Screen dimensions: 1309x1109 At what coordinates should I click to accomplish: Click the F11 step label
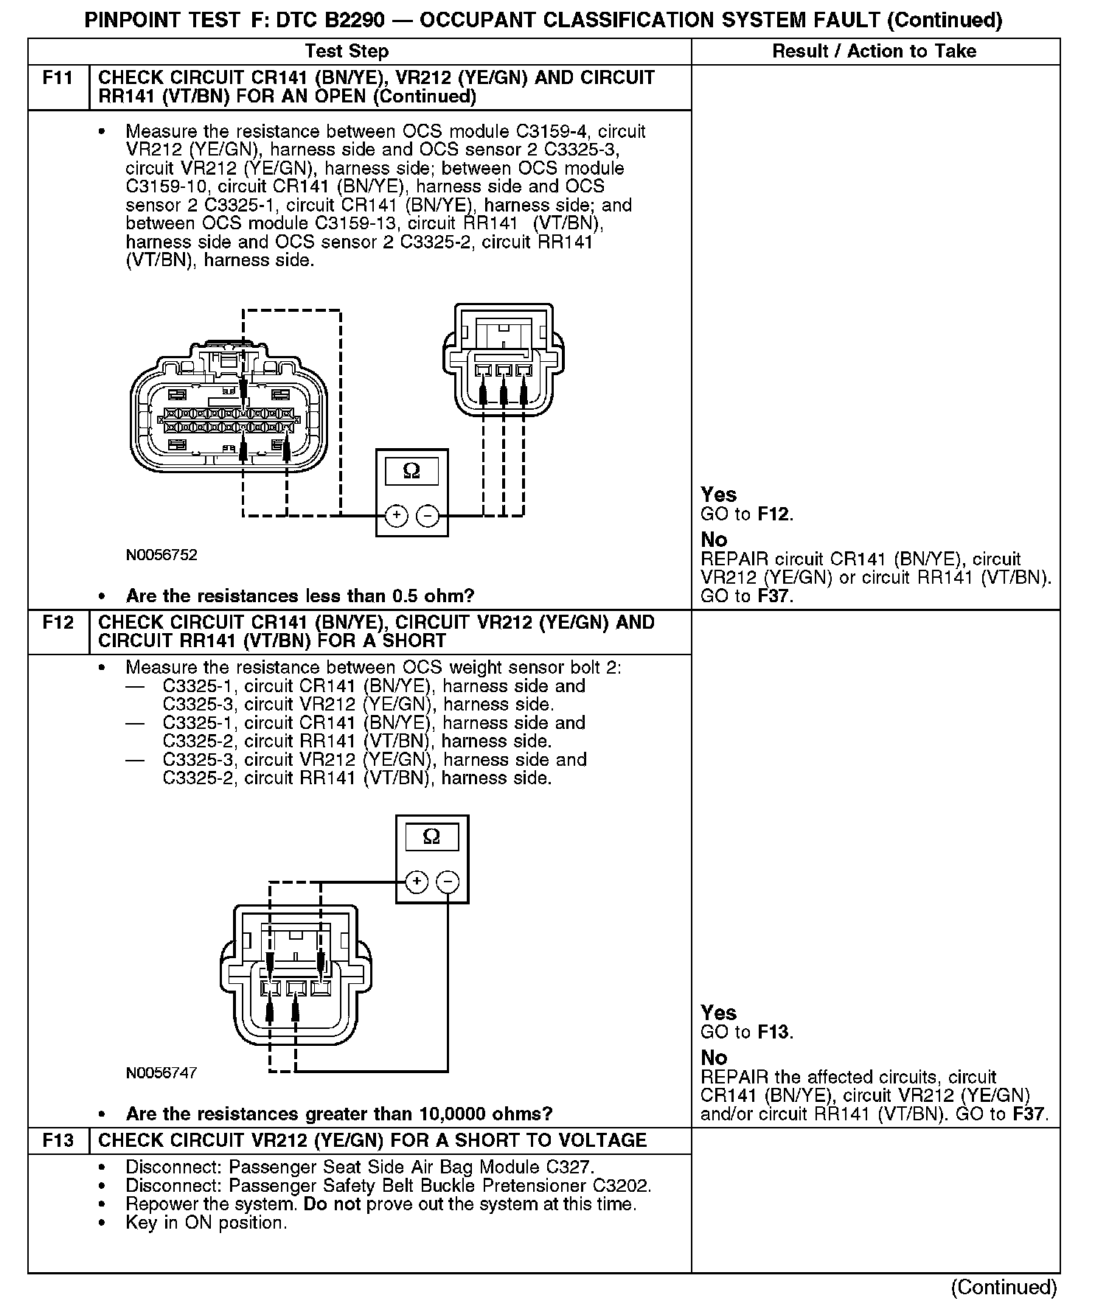tap(58, 78)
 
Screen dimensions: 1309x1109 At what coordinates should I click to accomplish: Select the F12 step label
tap(58, 623)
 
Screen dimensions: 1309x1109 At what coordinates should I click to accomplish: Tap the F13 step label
tap(58, 1140)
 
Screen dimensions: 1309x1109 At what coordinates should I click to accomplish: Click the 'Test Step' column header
tap(347, 51)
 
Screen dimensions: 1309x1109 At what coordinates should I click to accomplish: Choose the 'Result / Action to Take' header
tap(874, 51)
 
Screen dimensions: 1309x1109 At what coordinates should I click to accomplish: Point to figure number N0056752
tap(161, 555)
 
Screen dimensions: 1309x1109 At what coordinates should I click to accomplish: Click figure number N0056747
tap(161, 1072)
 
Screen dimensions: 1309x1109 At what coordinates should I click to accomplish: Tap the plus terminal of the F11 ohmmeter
tap(396, 515)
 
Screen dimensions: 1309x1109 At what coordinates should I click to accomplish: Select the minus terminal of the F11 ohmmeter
tap(428, 515)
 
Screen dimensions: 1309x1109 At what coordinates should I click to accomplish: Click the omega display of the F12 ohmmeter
tap(432, 837)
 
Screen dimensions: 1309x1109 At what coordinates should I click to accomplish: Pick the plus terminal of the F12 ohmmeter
tap(417, 881)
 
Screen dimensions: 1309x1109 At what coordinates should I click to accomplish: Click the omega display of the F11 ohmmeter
tap(411, 471)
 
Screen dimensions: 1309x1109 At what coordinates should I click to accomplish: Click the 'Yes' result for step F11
tap(718, 495)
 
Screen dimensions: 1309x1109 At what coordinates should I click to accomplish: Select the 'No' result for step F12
tap(714, 1057)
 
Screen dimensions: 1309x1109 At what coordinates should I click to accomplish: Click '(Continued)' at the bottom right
tap(1004, 1287)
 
